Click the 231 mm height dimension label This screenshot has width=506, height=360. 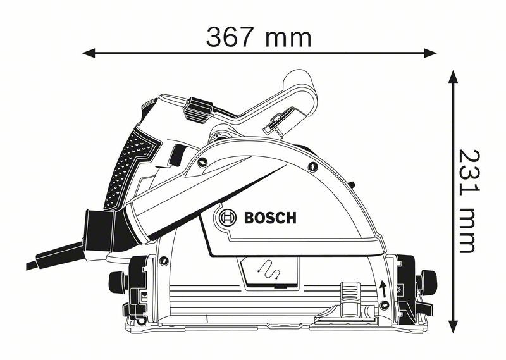point(467,201)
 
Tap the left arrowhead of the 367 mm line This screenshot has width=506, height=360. point(89,53)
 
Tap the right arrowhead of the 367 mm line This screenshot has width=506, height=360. point(431,53)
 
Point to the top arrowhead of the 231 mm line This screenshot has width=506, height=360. point(453,76)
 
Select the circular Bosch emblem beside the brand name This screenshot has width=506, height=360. point(225,219)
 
